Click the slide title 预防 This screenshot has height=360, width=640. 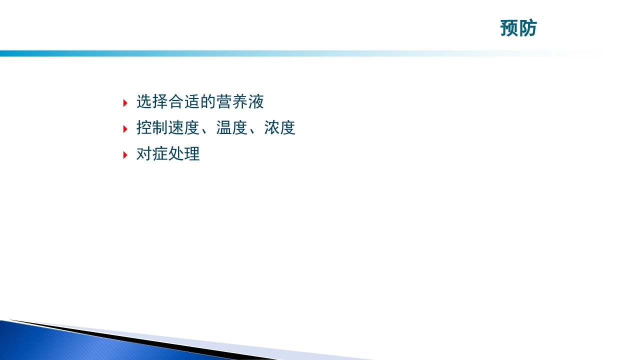518,28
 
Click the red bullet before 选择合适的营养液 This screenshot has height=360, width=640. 125,103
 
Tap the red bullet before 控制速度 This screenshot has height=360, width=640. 125,129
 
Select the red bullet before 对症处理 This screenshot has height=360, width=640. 125,155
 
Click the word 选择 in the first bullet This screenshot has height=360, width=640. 152,102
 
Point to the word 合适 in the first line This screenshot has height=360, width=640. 184,102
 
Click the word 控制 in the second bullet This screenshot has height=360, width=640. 152,128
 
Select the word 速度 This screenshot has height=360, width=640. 184,128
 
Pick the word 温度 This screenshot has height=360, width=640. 232,128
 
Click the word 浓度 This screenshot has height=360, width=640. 280,128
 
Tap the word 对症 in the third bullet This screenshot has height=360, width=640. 152,154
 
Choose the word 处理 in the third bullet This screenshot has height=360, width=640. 184,154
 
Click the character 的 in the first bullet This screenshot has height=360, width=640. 208,102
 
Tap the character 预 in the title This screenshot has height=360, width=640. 509,28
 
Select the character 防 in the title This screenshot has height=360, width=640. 528,28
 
